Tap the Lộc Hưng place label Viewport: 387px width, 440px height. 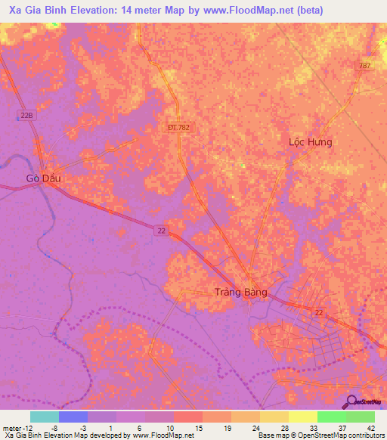click(311, 141)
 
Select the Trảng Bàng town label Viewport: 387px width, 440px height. click(241, 293)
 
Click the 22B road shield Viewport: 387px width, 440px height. click(26, 115)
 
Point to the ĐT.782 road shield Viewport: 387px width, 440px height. click(179, 128)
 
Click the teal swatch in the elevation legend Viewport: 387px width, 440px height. click(44, 417)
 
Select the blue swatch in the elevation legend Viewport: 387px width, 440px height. click(73, 417)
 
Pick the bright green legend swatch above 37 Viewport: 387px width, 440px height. click(331, 417)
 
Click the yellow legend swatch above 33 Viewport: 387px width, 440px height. click(302, 417)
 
